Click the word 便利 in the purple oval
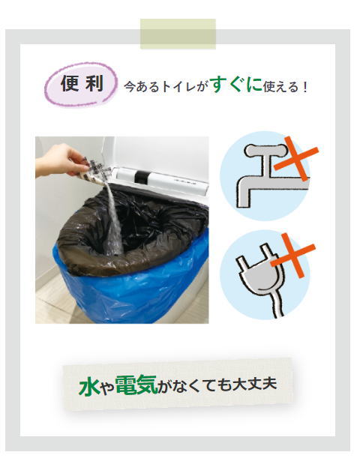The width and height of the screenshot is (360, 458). click(82, 83)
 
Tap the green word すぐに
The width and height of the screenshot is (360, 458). click(236, 85)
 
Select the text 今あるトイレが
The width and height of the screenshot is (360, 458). click(166, 87)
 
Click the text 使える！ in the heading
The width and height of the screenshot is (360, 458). click(285, 87)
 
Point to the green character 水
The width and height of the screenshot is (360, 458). click(88, 386)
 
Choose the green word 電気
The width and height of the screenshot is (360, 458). click(136, 385)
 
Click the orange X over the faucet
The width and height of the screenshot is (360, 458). click(296, 158)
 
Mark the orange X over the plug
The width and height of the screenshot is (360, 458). click(292, 256)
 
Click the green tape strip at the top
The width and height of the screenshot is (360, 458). click(178, 34)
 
